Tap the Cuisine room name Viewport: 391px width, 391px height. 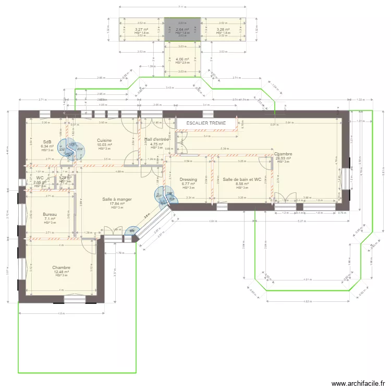(x=104, y=140)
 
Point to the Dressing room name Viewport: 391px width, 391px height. (x=188, y=179)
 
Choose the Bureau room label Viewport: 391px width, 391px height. (x=50, y=215)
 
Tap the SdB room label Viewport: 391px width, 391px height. (x=47, y=142)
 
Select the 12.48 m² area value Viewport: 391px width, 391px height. (x=62, y=272)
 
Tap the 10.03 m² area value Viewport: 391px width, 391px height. (x=104, y=145)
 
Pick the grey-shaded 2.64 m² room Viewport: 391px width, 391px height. (x=182, y=30)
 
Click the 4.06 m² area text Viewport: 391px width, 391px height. (x=182, y=59)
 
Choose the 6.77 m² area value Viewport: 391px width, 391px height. (x=188, y=184)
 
